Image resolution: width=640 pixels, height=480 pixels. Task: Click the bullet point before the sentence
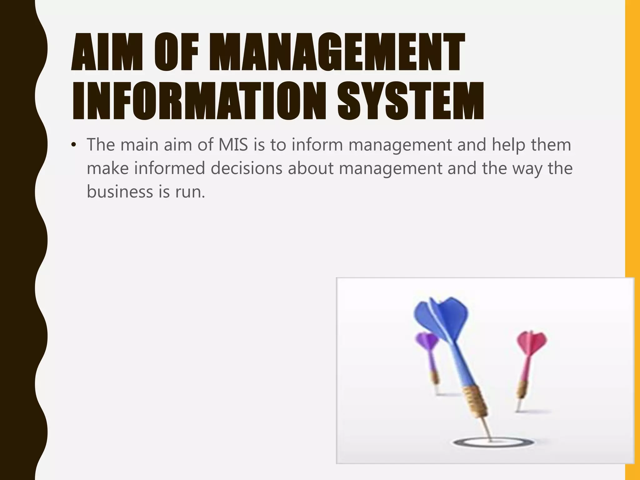click(74, 145)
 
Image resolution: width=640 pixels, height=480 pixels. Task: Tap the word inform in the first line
click(317, 145)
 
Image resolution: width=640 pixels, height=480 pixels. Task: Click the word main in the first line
click(139, 145)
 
